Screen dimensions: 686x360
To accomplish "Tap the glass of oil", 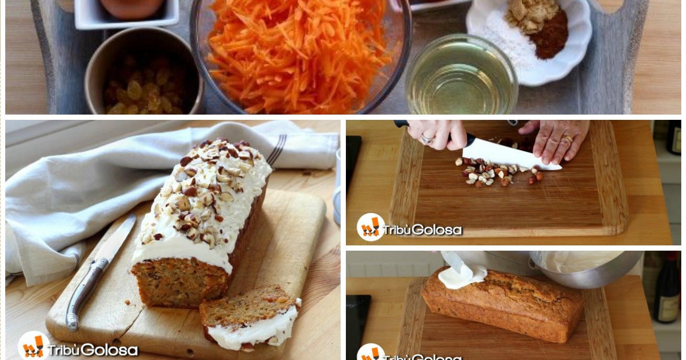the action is [461, 76].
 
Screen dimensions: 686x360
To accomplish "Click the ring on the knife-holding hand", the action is [427, 139].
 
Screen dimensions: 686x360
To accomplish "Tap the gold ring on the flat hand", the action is [568, 139].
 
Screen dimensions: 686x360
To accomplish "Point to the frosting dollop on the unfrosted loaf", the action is [461, 276].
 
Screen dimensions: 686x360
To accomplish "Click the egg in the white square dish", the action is [132, 8].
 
